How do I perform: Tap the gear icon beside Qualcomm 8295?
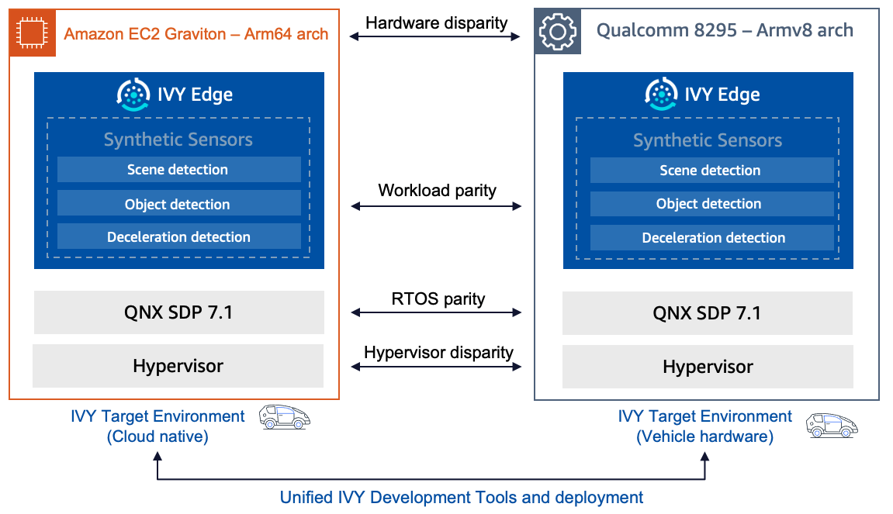tap(558, 32)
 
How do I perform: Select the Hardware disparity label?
tap(436, 22)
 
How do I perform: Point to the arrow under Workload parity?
tap(436, 206)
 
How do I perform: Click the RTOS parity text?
tap(438, 298)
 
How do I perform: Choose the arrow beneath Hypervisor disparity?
tap(436, 367)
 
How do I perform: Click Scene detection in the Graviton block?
tap(178, 170)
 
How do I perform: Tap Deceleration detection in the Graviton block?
tap(178, 237)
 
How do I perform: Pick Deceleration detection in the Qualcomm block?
tap(711, 238)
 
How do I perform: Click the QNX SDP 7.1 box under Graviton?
tap(178, 312)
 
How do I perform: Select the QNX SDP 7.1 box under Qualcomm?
tap(707, 313)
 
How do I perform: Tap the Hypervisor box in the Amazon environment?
tap(178, 366)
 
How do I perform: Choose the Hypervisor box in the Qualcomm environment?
tap(707, 367)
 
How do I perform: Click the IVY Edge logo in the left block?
tap(133, 95)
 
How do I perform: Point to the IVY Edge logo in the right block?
tap(662, 95)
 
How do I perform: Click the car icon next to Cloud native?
tap(285, 417)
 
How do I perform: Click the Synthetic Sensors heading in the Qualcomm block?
tap(707, 140)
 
